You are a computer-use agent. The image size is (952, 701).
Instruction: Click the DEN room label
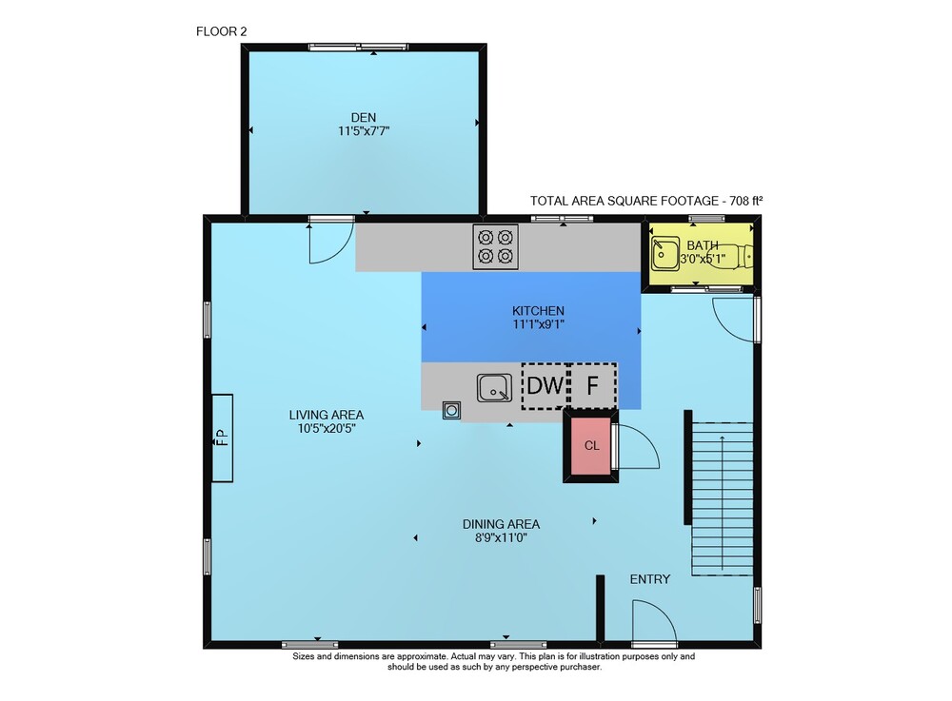pyautogui.click(x=363, y=118)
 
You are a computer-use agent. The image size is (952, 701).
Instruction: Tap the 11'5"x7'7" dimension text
pyautogui.click(x=363, y=130)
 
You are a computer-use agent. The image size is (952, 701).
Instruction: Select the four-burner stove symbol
pyautogui.click(x=495, y=246)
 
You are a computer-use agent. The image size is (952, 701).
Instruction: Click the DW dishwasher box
pyautogui.click(x=545, y=385)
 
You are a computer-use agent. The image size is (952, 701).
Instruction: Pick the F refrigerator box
pyautogui.click(x=592, y=385)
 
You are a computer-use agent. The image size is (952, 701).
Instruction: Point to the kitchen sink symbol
pyautogui.click(x=494, y=388)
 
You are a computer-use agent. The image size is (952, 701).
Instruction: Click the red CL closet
pyautogui.click(x=590, y=446)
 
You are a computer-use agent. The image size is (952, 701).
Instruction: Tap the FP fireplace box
pyautogui.click(x=222, y=438)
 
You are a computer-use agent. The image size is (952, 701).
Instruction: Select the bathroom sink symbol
pyautogui.click(x=665, y=253)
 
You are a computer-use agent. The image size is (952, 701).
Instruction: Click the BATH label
pyautogui.click(x=703, y=245)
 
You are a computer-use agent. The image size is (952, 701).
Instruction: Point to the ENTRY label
pyautogui.click(x=649, y=579)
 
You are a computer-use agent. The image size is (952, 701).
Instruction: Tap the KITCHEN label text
pyautogui.click(x=538, y=310)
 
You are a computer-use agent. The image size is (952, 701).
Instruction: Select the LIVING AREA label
pyautogui.click(x=326, y=415)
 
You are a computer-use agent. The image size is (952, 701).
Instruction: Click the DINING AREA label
pyautogui.click(x=501, y=524)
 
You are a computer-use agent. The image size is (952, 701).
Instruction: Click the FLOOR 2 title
pyautogui.click(x=222, y=31)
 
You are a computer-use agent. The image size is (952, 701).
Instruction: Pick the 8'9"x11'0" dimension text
pyautogui.click(x=501, y=537)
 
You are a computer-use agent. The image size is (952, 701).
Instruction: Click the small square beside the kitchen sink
pyautogui.click(x=451, y=411)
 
